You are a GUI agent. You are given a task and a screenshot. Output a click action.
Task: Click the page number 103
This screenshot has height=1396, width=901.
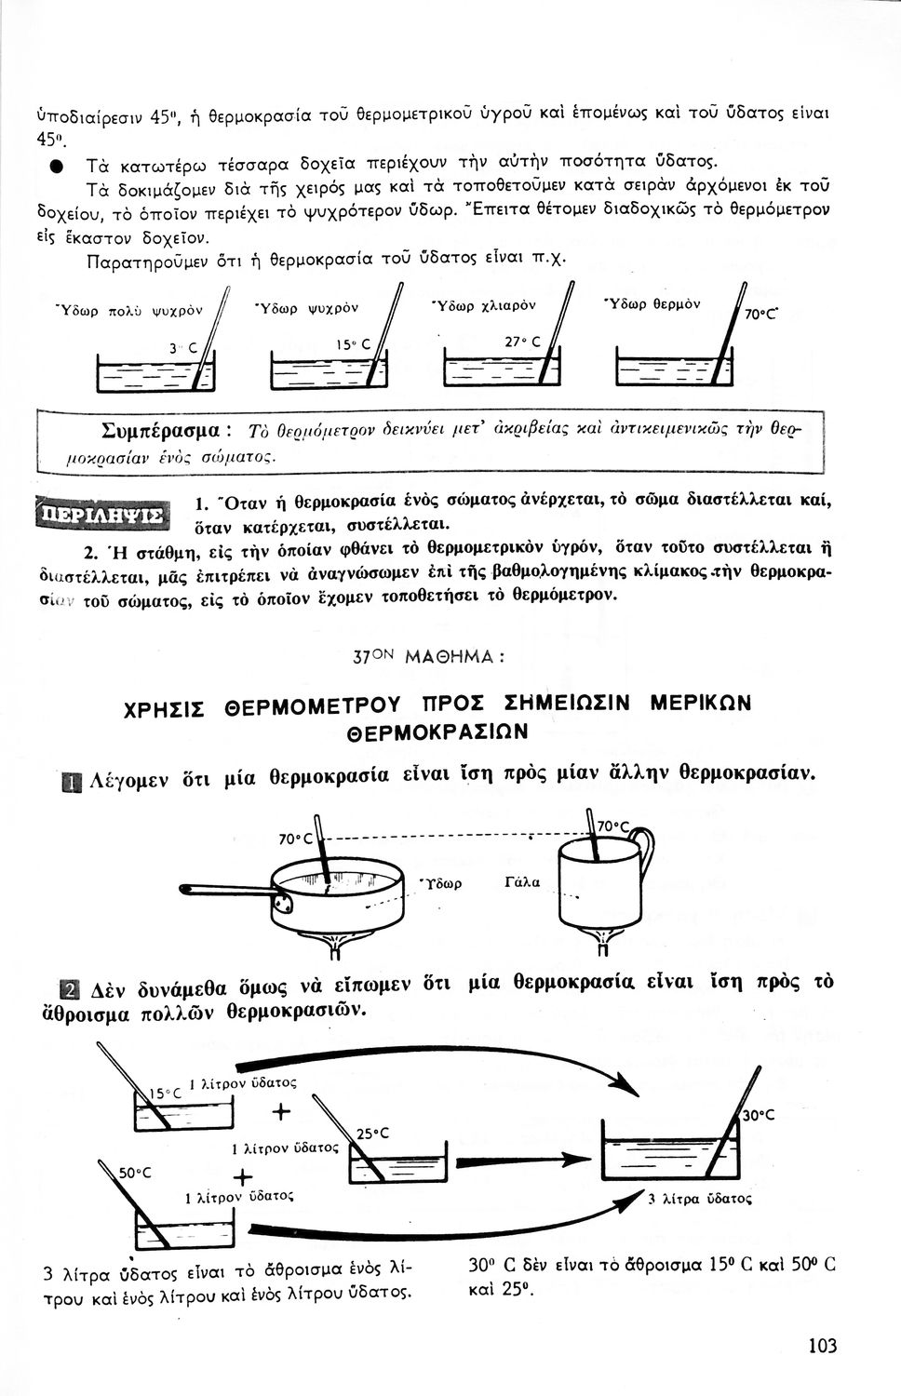[x=822, y=1345]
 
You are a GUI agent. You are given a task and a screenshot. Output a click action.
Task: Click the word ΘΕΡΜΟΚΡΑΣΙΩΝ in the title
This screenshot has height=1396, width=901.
[x=437, y=732]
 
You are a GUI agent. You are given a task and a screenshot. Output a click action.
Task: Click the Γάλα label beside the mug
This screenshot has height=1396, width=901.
[x=521, y=881]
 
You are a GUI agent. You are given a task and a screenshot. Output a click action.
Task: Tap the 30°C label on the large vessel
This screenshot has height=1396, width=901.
[x=758, y=1115]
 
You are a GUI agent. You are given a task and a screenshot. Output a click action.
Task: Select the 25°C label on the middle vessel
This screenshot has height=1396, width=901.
[x=372, y=1133]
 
